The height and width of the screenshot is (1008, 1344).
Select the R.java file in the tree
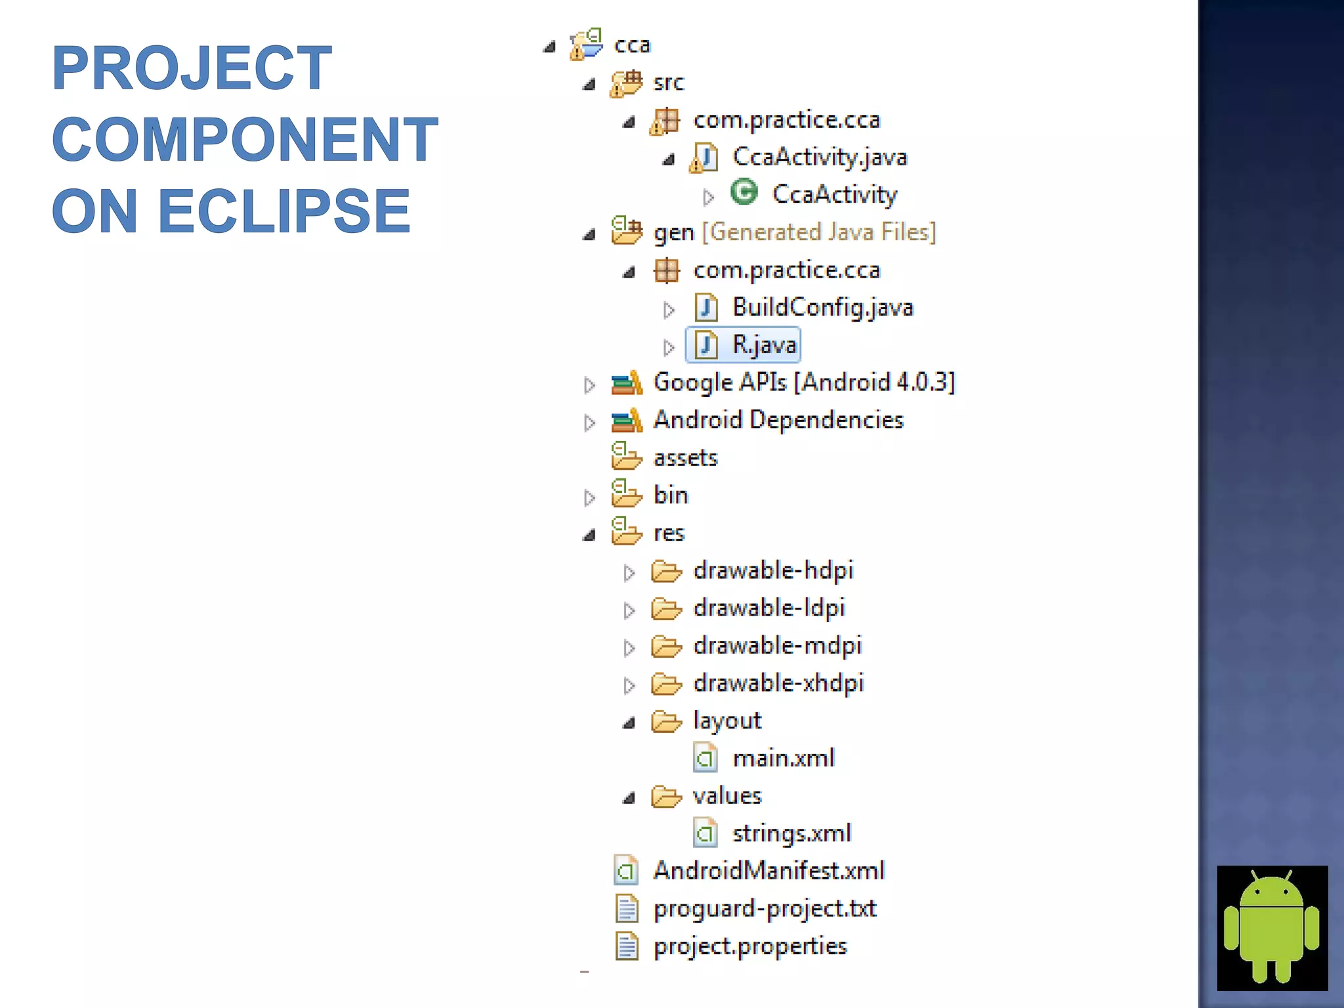point(764,345)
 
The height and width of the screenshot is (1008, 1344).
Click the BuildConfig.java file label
point(822,307)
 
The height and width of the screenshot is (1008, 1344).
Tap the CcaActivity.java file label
point(819,157)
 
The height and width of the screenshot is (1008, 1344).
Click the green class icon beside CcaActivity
point(744,193)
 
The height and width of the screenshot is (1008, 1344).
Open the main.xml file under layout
point(783,759)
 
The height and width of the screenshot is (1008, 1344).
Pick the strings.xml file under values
point(791,833)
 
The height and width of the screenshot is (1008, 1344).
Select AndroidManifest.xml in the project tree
point(768,871)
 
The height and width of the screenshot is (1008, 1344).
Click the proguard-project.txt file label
point(765,908)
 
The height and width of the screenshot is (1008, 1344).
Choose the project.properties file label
point(750,946)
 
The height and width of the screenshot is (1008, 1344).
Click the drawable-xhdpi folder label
point(778,683)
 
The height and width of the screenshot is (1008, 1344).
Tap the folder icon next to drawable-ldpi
point(666,609)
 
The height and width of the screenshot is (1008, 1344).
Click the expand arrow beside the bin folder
point(589,497)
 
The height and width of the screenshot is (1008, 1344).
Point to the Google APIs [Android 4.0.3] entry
point(804,382)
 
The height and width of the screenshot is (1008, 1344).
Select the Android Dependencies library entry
point(778,420)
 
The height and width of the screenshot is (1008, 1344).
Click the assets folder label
point(685,457)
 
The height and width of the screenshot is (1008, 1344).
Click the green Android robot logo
point(1272,927)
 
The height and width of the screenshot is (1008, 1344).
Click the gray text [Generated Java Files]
point(819,232)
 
